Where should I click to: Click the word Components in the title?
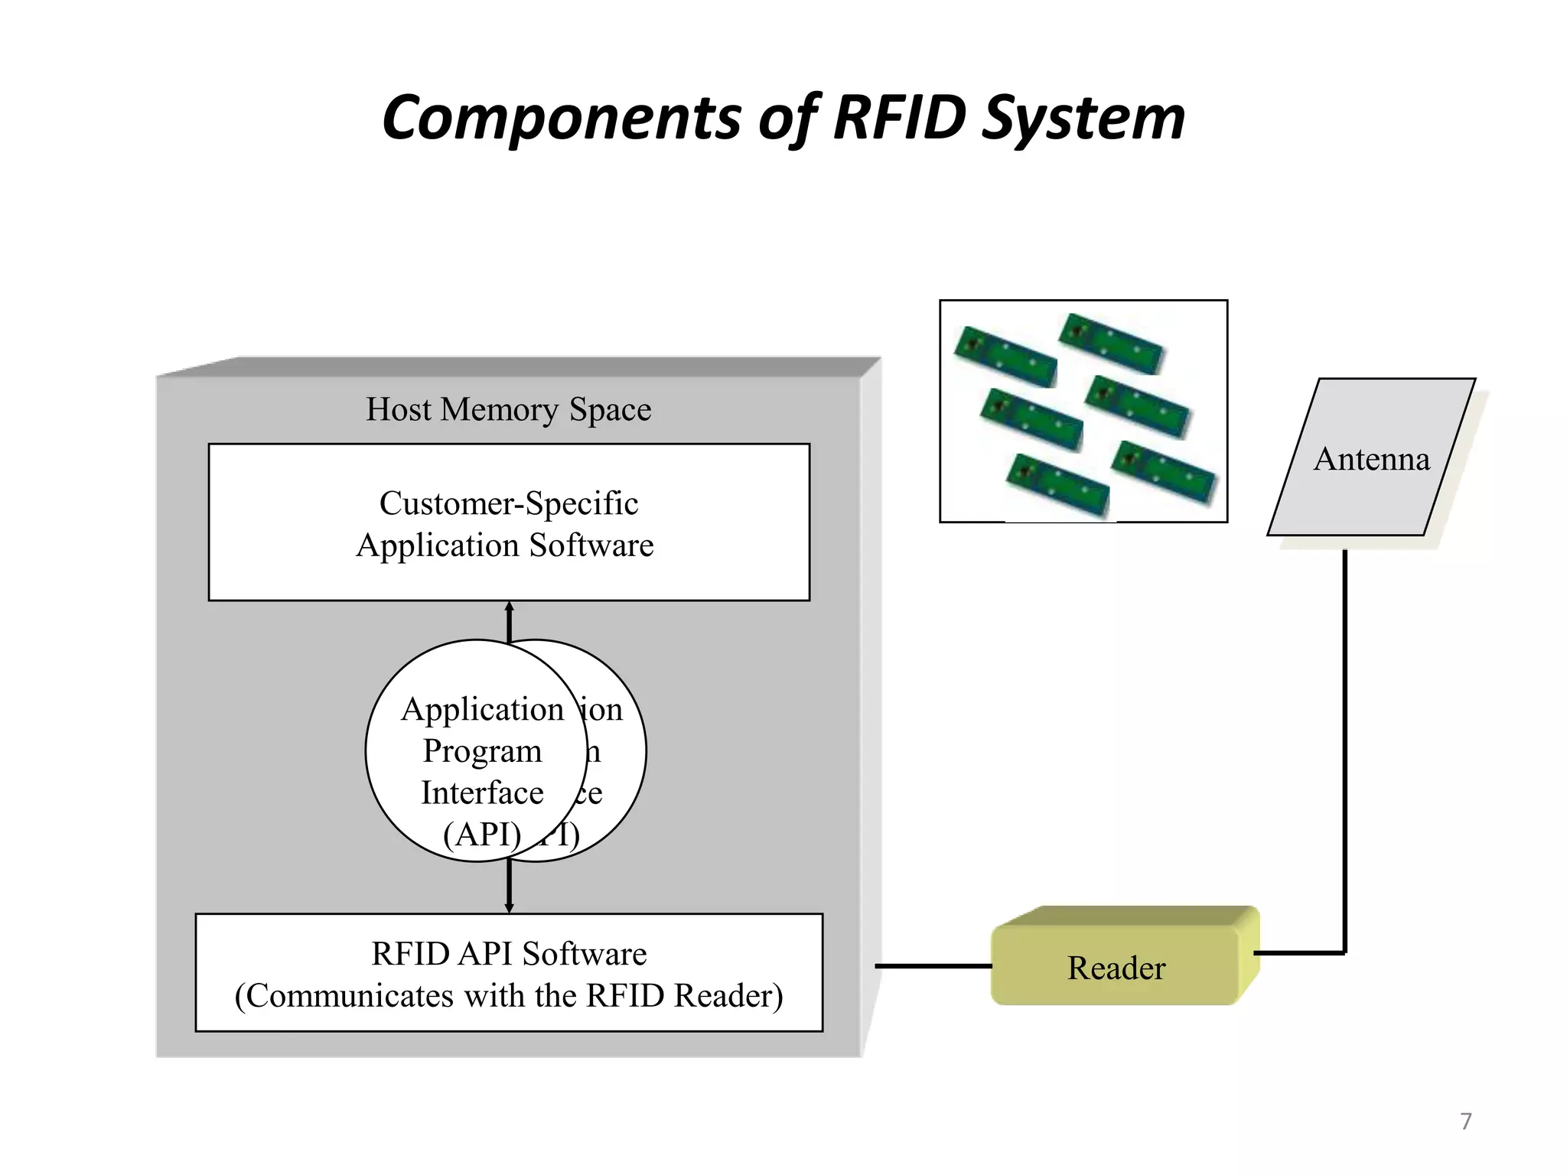coord(561,119)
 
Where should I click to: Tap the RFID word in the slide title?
coord(899,119)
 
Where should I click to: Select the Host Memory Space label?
coord(508,409)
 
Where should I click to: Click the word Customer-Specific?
coord(508,503)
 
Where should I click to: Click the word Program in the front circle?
coord(482,751)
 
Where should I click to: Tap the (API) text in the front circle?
coord(482,834)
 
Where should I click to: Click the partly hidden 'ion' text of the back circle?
coord(602,710)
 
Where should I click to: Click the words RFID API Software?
coord(509,954)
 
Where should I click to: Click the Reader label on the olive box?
coord(1116,968)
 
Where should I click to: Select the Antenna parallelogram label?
coord(1371,459)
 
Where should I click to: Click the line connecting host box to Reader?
coord(933,966)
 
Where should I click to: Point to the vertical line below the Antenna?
coord(1344,750)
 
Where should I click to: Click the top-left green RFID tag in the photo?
coord(1005,356)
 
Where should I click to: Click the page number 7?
coord(1465,1121)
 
